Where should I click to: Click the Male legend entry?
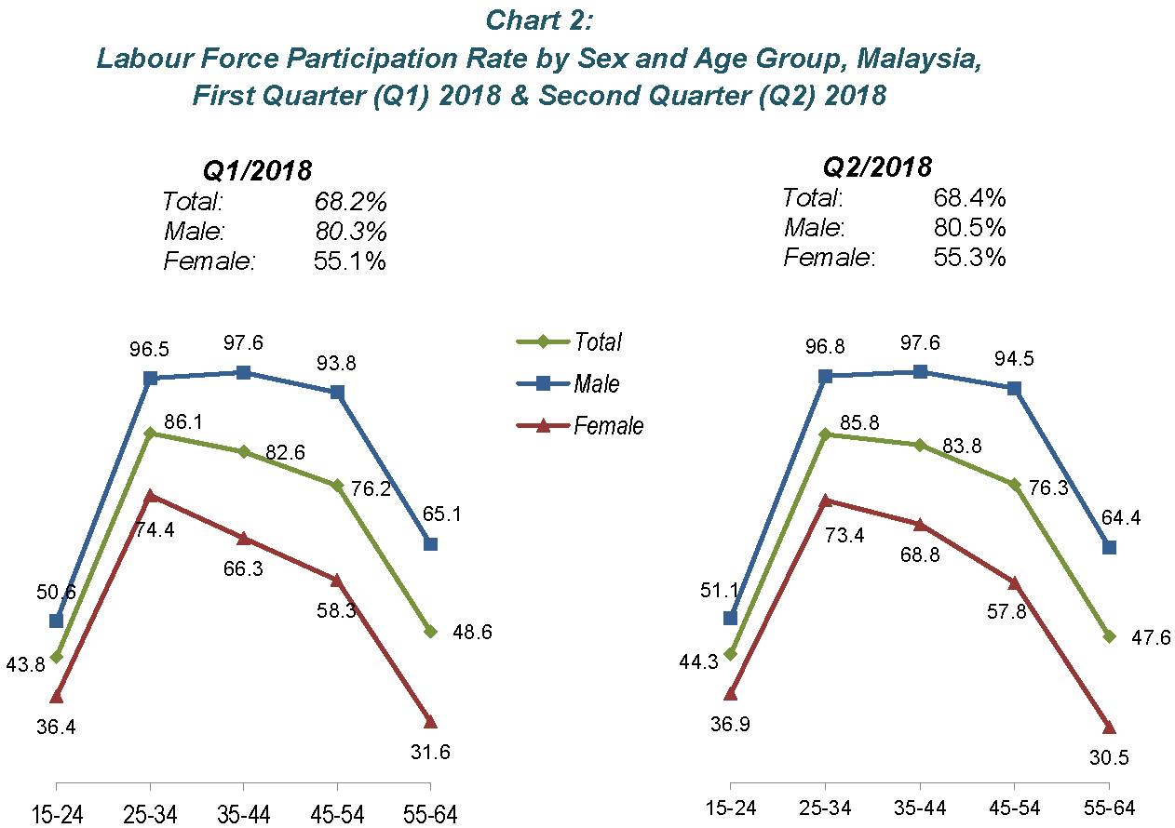(x=597, y=383)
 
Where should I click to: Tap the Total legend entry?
(x=598, y=341)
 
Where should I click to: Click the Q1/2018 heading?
(x=257, y=170)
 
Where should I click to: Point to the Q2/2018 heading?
(x=877, y=167)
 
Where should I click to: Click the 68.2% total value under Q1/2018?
(x=350, y=202)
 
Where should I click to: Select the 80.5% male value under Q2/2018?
(x=969, y=227)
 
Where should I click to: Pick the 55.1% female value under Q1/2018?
(x=350, y=261)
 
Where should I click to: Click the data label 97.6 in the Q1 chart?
(x=243, y=343)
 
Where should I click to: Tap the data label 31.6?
(x=429, y=752)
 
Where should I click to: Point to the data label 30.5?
(x=1109, y=756)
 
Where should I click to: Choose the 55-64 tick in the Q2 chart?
(x=1108, y=807)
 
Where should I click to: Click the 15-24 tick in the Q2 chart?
(x=730, y=807)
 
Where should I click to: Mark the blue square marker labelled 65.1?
(x=429, y=543)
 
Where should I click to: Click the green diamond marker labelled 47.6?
(x=1108, y=636)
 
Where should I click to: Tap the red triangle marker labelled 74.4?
(x=150, y=496)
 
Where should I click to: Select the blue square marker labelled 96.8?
(x=825, y=376)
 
